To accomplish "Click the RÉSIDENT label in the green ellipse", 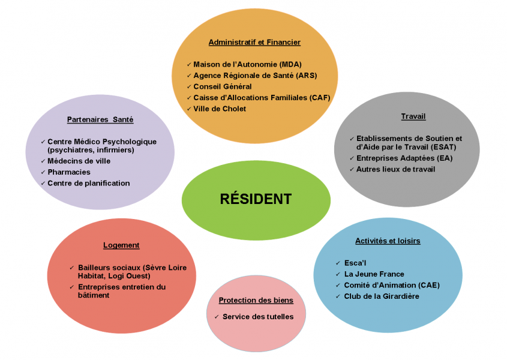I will point(256,199).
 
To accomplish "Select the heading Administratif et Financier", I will point(254,43).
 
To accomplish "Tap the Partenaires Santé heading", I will point(100,119).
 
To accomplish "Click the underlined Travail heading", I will point(413,116).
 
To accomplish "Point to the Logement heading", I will point(121,245).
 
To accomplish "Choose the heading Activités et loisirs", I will point(388,241).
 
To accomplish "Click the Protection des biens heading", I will point(256,300).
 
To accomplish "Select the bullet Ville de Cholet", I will point(220,109).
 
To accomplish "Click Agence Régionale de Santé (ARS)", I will point(255,76).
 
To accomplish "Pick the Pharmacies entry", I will point(69,172).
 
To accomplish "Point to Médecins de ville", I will point(79,161).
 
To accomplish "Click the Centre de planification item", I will point(89,183).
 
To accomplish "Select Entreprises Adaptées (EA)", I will point(404,158).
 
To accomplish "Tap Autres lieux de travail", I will point(396,169).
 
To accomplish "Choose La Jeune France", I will point(374,274).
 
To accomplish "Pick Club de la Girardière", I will point(382,296).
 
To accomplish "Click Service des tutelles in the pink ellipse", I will point(258,316).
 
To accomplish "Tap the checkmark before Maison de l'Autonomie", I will point(188,64).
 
